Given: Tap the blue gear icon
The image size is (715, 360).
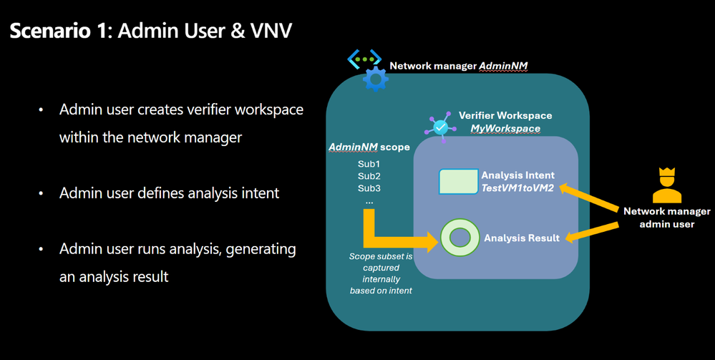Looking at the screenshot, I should [x=375, y=79].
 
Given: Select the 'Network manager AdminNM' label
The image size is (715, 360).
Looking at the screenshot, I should [x=458, y=66].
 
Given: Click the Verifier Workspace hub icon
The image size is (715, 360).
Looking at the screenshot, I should [x=439, y=127].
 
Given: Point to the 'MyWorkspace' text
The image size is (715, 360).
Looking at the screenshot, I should [x=505, y=128].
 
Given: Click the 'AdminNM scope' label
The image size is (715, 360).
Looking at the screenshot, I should [x=369, y=147].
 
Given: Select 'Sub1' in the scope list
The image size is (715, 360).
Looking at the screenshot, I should [x=369, y=164].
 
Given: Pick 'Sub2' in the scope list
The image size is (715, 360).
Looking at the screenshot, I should [x=369, y=176].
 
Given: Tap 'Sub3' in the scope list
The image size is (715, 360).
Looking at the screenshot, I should [x=369, y=188].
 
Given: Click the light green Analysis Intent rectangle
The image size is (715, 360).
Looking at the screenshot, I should [x=458, y=182].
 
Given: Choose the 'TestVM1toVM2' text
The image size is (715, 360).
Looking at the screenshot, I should [x=517, y=188].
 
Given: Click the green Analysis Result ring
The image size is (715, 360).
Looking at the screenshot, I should [x=459, y=238].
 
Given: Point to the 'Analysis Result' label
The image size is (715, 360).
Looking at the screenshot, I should [x=522, y=238].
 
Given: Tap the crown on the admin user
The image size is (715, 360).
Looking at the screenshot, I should [x=667, y=173].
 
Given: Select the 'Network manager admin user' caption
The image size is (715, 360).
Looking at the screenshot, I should [x=667, y=218].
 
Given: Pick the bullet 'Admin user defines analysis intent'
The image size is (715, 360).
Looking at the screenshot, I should [x=169, y=193].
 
